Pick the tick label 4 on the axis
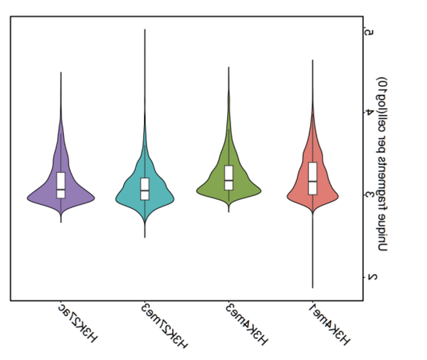pyautogui.click(x=369, y=112)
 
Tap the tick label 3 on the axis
pyautogui.click(x=369, y=195)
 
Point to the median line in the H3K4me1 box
pyautogui.click(x=313, y=181)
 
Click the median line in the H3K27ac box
pyautogui.click(x=61, y=189)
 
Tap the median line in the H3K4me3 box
pyautogui.click(x=229, y=180)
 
